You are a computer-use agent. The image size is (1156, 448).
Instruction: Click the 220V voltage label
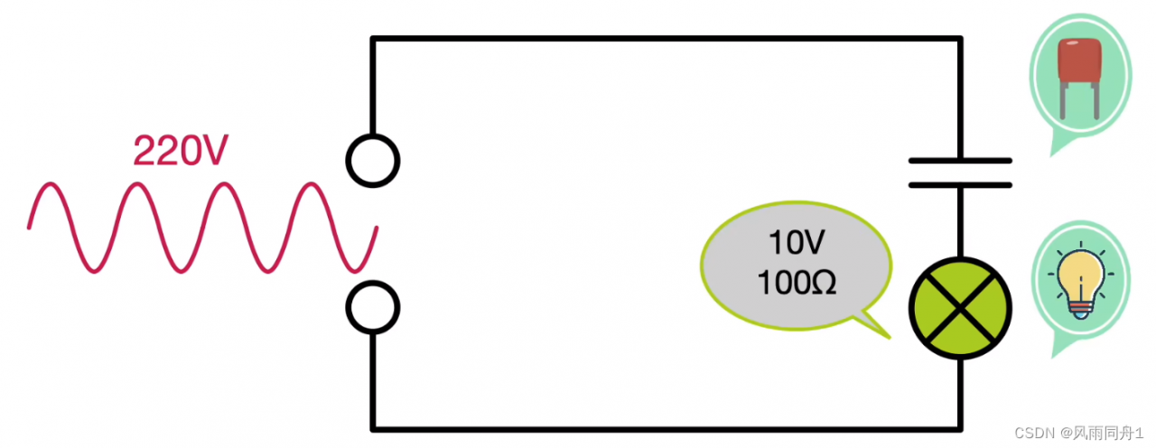coord(177,151)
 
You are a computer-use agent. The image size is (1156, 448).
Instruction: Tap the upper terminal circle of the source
coord(372,161)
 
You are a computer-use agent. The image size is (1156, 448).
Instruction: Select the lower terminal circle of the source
coord(372,307)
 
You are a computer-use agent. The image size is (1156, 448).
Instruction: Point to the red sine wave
coord(203,227)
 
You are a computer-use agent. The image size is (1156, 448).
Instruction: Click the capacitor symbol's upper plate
coord(959,162)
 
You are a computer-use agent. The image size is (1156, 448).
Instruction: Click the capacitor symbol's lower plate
coord(959,184)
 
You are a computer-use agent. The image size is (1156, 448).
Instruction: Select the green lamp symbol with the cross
coord(959,307)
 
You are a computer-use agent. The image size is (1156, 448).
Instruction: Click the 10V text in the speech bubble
coord(795,243)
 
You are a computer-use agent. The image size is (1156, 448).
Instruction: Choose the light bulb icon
coord(1082,280)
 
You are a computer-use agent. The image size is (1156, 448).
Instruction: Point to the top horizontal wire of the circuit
coord(665,39)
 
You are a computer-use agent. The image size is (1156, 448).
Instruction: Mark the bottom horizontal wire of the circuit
coord(665,427)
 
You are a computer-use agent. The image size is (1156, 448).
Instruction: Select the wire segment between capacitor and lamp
coord(959,221)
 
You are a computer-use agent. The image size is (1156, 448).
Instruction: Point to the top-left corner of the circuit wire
coord(373,39)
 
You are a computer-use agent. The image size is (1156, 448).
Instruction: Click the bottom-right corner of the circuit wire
coord(959,427)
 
